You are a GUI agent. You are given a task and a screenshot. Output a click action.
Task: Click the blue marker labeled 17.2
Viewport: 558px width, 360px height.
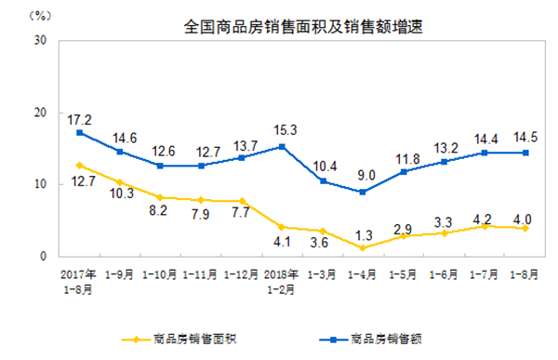(x=80, y=132)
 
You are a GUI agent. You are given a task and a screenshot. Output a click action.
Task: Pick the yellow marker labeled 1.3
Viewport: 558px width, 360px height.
(x=361, y=247)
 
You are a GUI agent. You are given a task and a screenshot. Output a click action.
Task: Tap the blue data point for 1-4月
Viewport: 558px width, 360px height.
(x=361, y=192)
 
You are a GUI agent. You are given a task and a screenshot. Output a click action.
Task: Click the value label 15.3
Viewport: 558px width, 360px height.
(x=280, y=129)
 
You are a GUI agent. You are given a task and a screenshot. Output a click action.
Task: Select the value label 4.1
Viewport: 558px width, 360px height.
(x=280, y=244)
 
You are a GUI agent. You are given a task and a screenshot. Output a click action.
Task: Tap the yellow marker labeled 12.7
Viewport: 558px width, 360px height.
(x=80, y=165)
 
